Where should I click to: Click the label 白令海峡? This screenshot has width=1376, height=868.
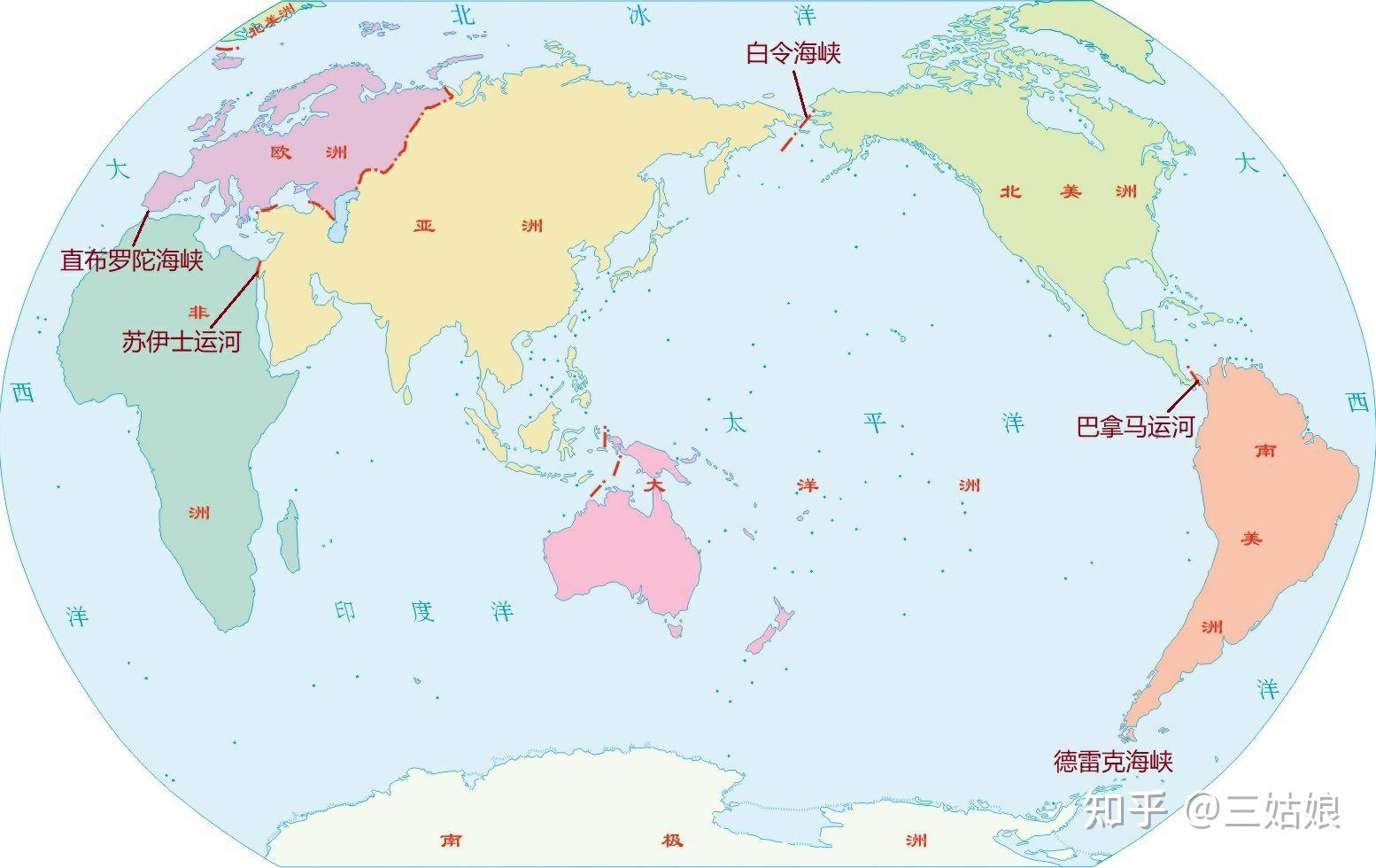792,53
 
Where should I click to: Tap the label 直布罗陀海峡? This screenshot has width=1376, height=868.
132,260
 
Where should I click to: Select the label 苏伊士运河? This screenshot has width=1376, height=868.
182,341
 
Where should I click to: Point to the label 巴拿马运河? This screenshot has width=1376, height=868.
1135,427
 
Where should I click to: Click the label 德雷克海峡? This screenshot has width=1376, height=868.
1112,761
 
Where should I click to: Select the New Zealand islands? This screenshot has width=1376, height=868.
769,629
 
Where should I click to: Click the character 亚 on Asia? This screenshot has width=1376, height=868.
425,226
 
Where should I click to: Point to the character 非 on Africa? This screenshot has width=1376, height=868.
197,312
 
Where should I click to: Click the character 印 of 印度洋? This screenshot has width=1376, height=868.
345,610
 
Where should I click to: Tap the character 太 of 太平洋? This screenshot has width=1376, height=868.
734,422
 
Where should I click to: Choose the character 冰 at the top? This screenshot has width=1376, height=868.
638,15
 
